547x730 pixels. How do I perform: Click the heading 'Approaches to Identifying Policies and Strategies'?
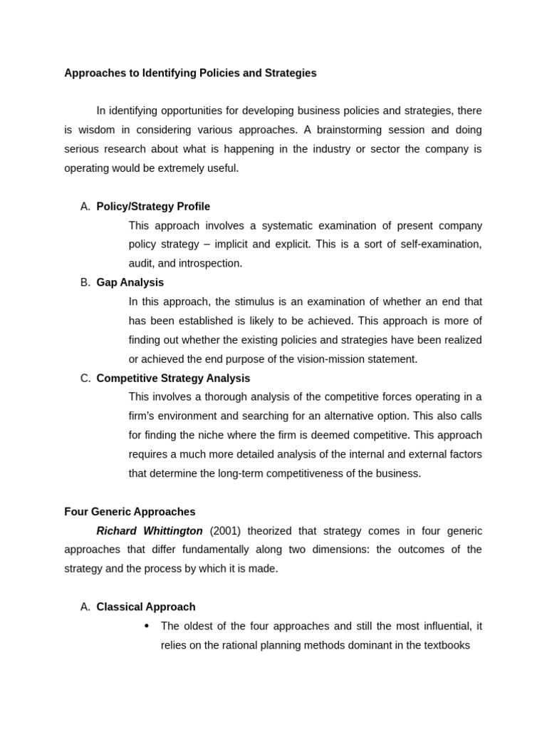(x=190, y=73)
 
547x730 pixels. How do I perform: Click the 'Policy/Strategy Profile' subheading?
(x=153, y=207)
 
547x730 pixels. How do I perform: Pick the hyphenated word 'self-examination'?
(x=440, y=245)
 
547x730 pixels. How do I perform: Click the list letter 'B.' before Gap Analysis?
(x=85, y=283)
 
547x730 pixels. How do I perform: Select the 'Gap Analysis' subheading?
(x=130, y=283)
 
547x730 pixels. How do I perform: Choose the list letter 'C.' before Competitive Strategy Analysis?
(x=85, y=379)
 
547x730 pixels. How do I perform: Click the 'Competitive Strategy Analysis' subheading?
(x=173, y=379)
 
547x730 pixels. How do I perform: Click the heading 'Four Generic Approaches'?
(x=130, y=512)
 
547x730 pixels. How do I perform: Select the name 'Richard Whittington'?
(x=150, y=531)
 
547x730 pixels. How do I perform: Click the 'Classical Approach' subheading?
(x=146, y=607)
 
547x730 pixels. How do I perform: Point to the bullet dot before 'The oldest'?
(x=147, y=626)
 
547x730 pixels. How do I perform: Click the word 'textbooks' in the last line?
(x=447, y=646)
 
